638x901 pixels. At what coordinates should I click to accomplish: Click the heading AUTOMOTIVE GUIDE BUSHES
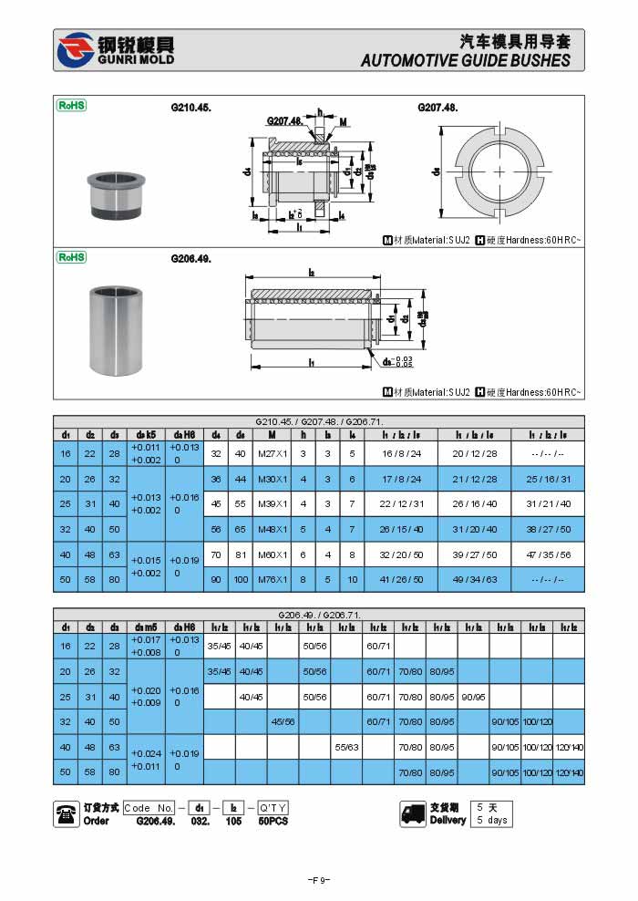(x=466, y=61)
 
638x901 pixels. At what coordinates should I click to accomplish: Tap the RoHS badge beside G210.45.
(x=72, y=106)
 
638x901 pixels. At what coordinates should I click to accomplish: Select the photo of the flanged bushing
(x=114, y=193)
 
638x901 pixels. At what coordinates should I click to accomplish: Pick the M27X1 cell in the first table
(x=271, y=453)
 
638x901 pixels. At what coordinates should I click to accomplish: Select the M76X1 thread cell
(x=271, y=578)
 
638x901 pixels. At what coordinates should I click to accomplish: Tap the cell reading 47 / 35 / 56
(x=551, y=554)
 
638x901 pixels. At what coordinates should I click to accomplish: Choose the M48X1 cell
(x=271, y=528)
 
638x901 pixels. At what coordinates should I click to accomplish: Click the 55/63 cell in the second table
(x=345, y=747)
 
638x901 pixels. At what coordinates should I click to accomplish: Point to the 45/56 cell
(x=283, y=721)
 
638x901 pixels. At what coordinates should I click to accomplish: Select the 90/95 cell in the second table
(x=473, y=697)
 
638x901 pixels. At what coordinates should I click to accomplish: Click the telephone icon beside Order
(x=67, y=813)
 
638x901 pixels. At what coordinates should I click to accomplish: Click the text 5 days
(x=493, y=820)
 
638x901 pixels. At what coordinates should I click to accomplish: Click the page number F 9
(x=318, y=880)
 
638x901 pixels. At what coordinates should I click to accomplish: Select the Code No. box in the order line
(x=149, y=808)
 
